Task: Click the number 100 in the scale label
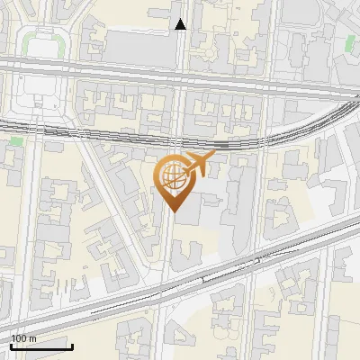click(18, 338)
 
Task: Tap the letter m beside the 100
click(32, 338)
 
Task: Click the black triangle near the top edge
click(181, 24)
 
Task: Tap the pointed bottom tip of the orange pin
click(175, 211)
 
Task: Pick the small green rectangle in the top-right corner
click(349, 42)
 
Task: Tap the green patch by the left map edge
click(15, 141)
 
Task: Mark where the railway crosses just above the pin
click(175, 142)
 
